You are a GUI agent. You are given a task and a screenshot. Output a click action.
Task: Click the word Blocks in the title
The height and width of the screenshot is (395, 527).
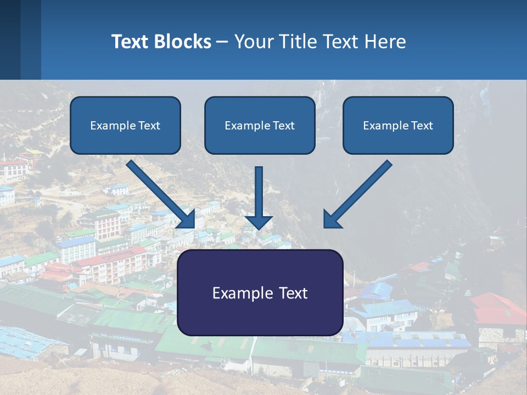(183, 42)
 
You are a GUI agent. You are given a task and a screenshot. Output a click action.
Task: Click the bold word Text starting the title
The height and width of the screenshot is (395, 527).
(131, 42)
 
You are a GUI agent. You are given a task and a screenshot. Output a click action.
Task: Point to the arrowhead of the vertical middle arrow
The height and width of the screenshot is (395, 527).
(259, 222)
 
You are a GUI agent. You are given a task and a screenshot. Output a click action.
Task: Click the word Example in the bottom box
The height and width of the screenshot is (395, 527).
(237, 293)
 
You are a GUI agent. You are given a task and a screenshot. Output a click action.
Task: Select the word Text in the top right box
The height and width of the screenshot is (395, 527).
(422, 126)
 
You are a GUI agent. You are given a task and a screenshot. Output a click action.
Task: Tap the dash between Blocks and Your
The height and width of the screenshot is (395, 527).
(222, 42)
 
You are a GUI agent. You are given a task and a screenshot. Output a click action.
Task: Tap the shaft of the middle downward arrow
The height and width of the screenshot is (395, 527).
(259, 189)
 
